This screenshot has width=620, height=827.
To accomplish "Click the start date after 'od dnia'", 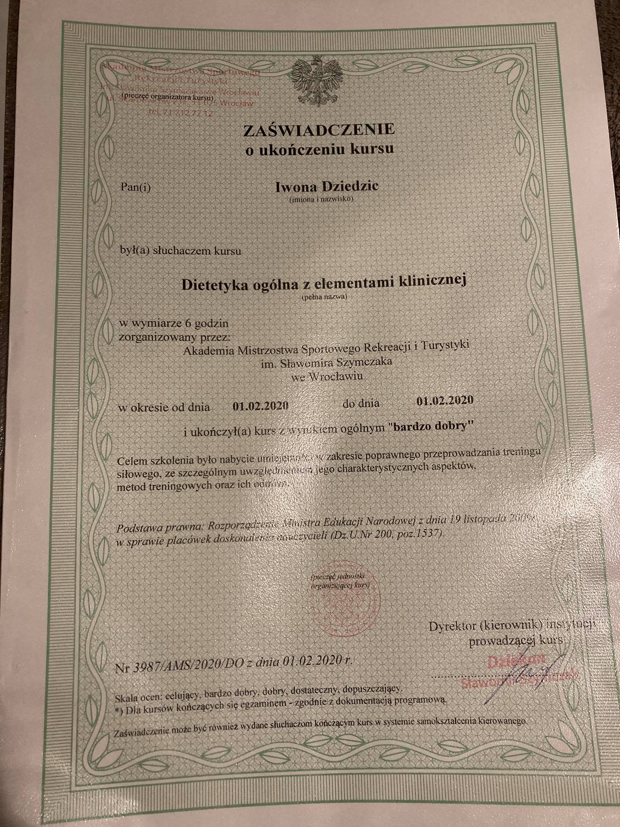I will [x=260, y=405].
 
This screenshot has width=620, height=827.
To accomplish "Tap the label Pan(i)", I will [x=136, y=188].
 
